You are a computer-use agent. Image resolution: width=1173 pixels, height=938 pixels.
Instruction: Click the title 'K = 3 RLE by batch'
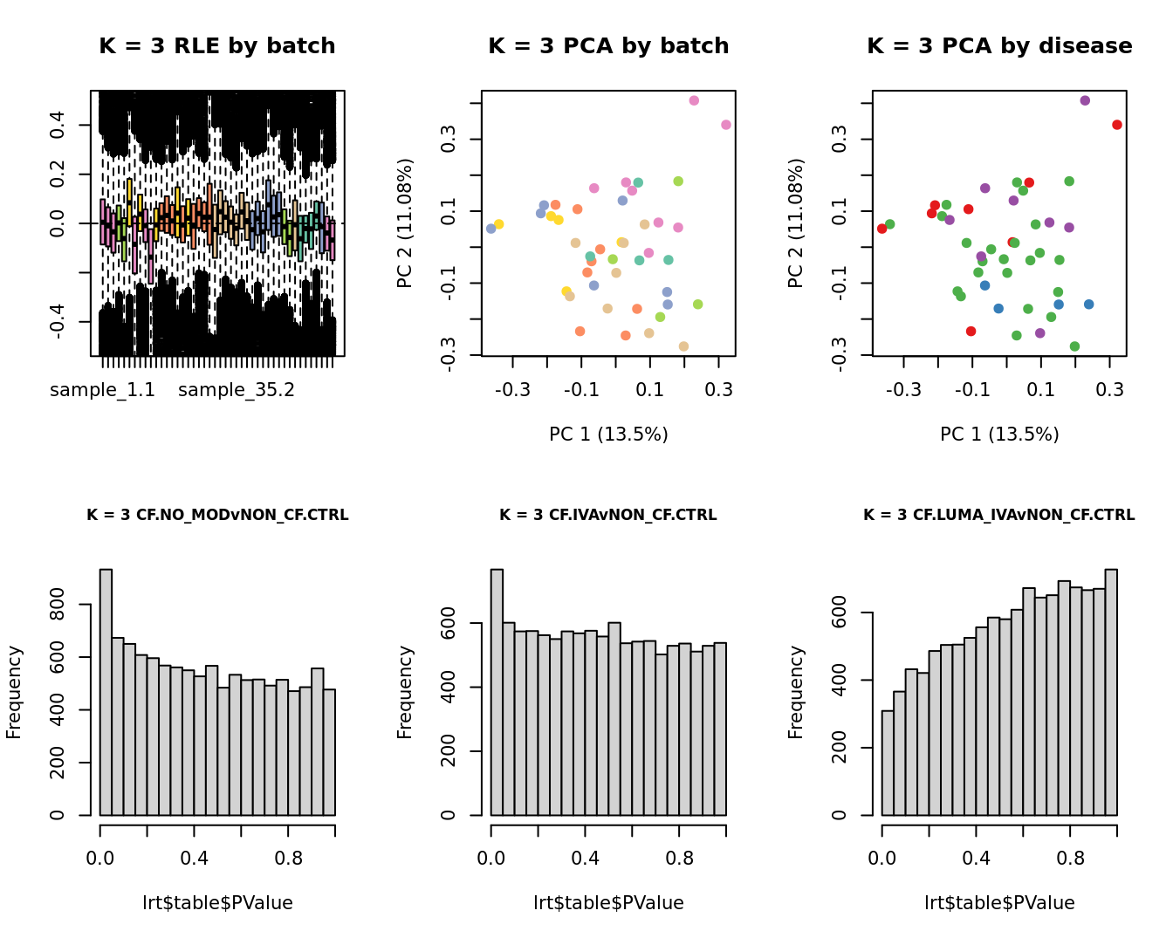pyautogui.click(x=217, y=46)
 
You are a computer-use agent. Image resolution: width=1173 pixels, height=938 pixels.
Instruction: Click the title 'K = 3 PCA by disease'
pyautogui.click(x=999, y=46)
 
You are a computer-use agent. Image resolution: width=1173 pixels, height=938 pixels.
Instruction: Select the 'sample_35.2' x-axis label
pyautogui.click(x=237, y=390)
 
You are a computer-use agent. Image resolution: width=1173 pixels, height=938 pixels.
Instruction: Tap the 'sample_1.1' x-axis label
pyautogui.click(x=102, y=390)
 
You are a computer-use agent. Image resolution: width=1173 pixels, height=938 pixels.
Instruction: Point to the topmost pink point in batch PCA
pyautogui.click(x=694, y=100)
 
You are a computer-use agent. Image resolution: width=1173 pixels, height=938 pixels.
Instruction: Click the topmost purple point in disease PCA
pyautogui.click(x=1085, y=100)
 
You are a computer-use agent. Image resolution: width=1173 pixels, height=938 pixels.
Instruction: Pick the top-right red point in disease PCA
pyautogui.click(x=1117, y=125)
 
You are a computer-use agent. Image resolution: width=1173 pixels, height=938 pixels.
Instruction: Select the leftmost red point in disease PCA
pyautogui.click(x=882, y=229)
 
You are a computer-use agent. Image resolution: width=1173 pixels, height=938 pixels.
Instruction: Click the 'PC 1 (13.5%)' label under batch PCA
pyautogui.click(x=608, y=434)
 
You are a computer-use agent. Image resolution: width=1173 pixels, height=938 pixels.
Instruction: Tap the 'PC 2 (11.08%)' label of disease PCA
pyautogui.click(x=796, y=223)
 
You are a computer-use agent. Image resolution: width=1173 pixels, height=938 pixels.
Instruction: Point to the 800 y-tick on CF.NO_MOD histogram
pyautogui.click(x=58, y=604)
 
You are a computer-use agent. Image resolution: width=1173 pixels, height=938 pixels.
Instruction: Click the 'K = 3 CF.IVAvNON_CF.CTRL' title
pyautogui.click(x=608, y=515)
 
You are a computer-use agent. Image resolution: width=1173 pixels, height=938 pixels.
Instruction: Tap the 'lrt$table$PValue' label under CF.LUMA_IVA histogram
pyautogui.click(x=999, y=903)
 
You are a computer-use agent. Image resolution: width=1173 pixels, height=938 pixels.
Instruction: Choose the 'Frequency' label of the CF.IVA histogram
pyautogui.click(x=405, y=692)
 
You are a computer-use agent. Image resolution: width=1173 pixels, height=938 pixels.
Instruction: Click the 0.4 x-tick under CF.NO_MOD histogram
pyautogui.click(x=195, y=859)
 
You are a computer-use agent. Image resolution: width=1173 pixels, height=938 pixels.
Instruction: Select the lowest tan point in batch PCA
pyautogui.click(x=683, y=346)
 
